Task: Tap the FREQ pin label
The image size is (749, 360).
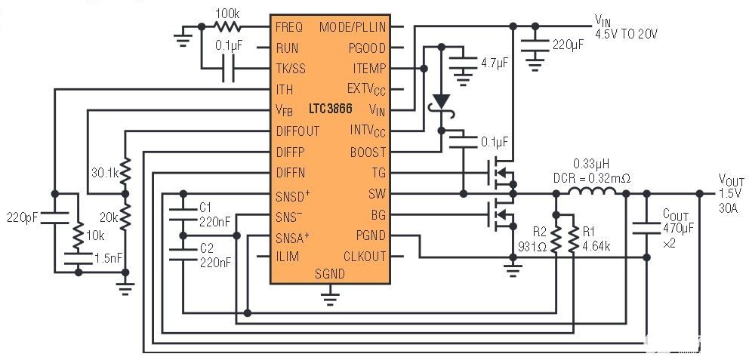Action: [290, 27]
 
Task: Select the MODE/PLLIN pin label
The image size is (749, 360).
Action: [353, 27]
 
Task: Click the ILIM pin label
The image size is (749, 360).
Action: [288, 257]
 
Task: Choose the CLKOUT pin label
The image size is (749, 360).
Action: [364, 257]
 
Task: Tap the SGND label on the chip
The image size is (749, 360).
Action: [329, 274]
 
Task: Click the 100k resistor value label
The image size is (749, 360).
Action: [227, 14]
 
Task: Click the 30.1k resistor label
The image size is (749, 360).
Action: [105, 172]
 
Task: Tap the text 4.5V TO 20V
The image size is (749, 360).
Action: [626, 34]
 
